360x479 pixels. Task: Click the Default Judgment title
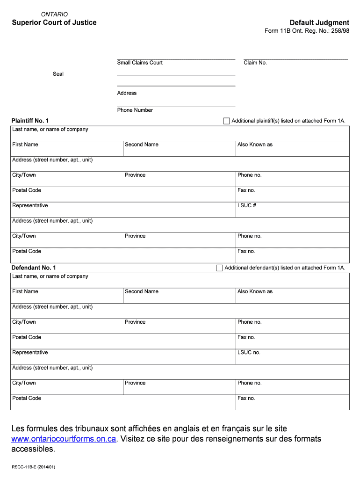(x=319, y=22)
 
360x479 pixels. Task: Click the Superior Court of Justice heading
(x=54, y=22)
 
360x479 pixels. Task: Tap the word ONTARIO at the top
(x=55, y=15)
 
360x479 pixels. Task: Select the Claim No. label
(x=255, y=63)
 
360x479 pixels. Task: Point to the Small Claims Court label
(x=140, y=63)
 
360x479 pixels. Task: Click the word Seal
(x=58, y=74)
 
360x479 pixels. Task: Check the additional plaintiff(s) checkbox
(x=227, y=121)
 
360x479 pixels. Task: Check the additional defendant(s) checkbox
(x=220, y=268)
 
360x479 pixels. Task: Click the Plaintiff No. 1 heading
(x=30, y=121)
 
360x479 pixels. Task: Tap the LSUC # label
(x=247, y=205)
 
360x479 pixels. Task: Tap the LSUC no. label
(x=249, y=352)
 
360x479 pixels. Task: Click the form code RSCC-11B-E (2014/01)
(x=34, y=467)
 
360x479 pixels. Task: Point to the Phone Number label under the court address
(x=135, y=110)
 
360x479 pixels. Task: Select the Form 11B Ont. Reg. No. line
(x=307, y=31)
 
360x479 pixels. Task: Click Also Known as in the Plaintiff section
(x=255, y=145)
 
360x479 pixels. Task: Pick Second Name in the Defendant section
(x=142, y=291)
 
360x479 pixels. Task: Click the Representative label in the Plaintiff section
(x=30, y=205)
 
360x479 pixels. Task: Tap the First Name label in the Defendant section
(x=25, y=291)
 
